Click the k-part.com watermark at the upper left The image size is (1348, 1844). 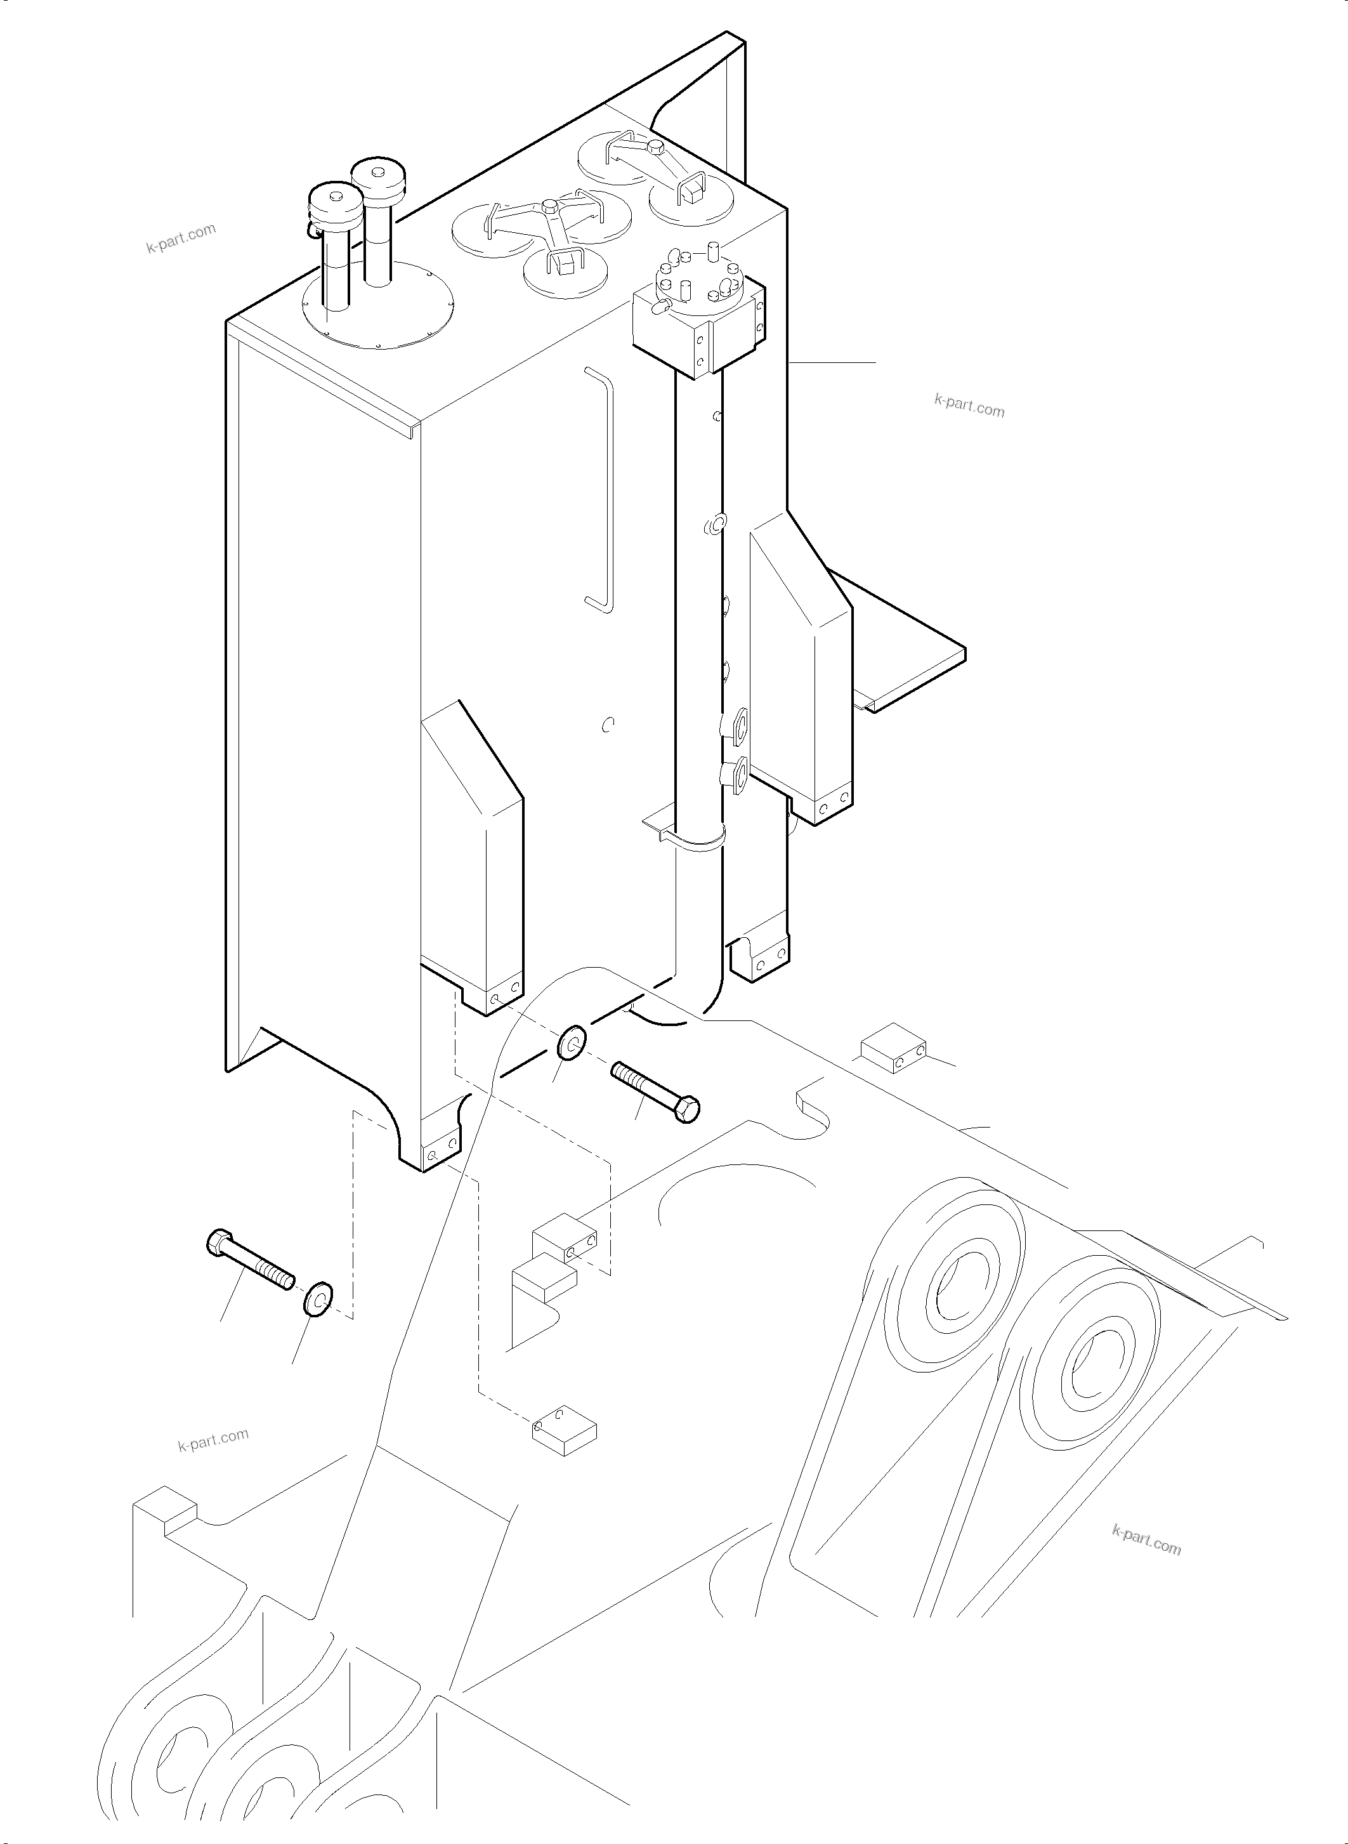coord(181,237)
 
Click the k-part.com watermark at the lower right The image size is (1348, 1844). coord(1146,1539)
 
